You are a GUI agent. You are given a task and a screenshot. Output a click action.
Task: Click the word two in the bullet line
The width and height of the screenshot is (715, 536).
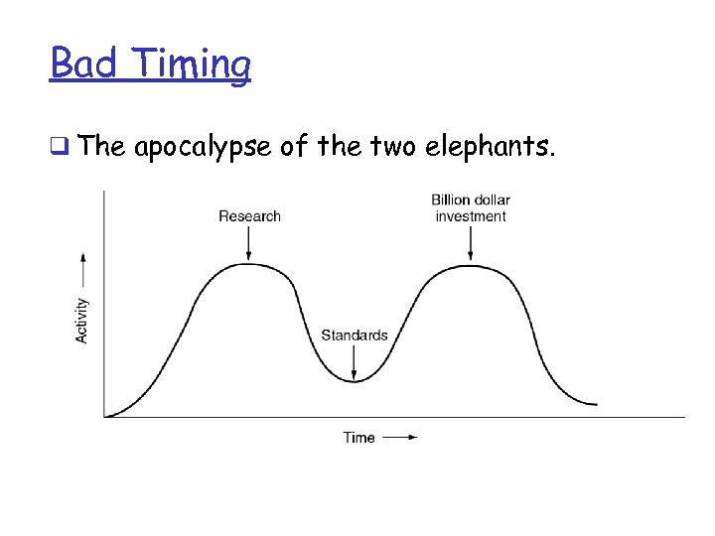pyautogui.click(x=392, y=148)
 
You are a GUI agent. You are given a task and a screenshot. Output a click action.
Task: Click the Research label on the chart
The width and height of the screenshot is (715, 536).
pyautogui.click(x=249, y=216)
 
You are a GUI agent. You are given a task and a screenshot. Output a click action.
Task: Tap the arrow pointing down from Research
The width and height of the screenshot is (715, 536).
pyautogui.click(x=249, y=242)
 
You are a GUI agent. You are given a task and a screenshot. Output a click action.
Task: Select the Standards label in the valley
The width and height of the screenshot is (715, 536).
pyautogui.click(x=354, y=335)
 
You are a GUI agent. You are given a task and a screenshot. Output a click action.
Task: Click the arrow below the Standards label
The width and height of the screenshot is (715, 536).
pyautogui.click(x=355, y=361)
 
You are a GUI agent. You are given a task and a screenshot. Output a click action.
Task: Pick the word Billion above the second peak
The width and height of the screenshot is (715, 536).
pyautogui.click(x=452, y=201)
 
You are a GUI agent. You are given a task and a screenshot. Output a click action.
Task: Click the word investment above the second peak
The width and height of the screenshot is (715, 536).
pyautogui.click(x=471, y=216)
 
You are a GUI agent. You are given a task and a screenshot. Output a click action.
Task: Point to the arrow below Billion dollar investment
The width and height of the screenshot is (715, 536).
pyautogui.click(x=471, y=242)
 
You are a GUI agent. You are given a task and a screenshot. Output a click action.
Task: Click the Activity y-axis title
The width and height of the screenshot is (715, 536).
pyautogui.click(x=82, y=321)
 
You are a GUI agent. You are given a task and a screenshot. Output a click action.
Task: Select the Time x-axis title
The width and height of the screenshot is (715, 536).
pyautogui.click(x=358, y=437)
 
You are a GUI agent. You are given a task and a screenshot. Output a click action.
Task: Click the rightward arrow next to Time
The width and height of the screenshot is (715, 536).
pyautogui.click(x=400, y=437)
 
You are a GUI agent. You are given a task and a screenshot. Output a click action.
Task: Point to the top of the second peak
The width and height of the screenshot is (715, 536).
pyautogui.click(x=471, y=264)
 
